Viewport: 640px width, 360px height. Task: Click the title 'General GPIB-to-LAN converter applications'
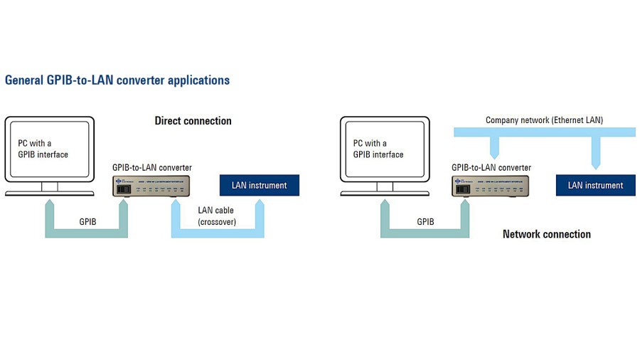click(x=117, y=80)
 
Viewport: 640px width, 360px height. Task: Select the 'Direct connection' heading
click(x=193, y=121)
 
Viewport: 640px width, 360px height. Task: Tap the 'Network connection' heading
click(x=546, y=234)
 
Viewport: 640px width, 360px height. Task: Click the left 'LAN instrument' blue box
click(x=259, y=185)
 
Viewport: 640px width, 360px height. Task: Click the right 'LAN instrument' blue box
click(x=595, y=185)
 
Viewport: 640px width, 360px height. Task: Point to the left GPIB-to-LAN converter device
click(x=151, y=186)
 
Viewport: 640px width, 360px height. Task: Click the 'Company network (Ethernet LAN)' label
click(x=544, y=120)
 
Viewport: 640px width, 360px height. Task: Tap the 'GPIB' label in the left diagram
click(x=89, y=221)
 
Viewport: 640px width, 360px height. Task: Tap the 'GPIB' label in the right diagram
click(x=425, y=221)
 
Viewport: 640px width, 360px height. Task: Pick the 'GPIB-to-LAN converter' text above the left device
click(x=152, y=168)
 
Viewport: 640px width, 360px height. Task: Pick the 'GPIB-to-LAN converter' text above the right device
click(x=491, y=168)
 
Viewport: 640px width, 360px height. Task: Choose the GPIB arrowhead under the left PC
click(x=49, y=204)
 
